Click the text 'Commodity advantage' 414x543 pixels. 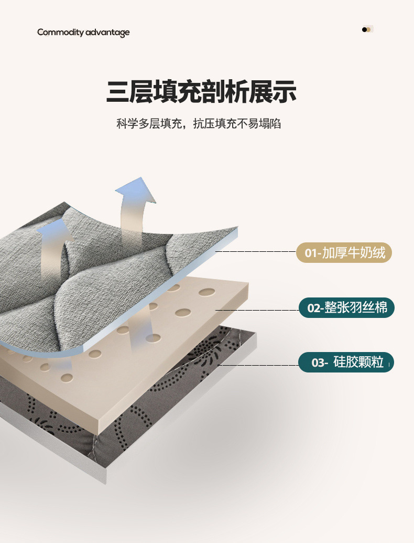click(x=83, y=33)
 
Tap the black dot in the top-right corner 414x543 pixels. click(x=364, y=29)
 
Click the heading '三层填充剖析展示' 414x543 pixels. click(x=201, y=91)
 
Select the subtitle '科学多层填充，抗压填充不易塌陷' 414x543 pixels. click(x=199, y=124)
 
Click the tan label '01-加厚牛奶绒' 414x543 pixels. click(x=344, y=253)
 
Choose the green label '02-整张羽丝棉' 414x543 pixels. click(x=346, y=307)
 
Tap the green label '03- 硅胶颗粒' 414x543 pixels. click(x=346, y=362)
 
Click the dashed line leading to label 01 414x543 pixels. click(x=255, y=252)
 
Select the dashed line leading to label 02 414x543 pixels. click(x=257, y=310)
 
